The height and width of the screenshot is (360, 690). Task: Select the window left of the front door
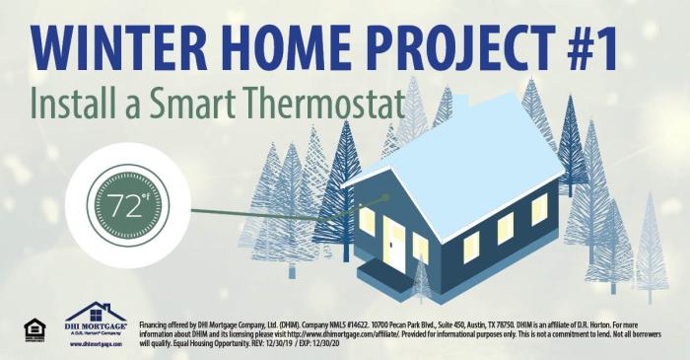pyautogui.click(x=367, y=221)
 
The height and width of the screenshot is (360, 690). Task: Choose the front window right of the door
pyautogui.click(x=421, y=247)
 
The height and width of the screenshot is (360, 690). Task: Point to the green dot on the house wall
pyautogui.click(x=386, y=196)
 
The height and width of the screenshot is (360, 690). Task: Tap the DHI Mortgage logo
pyautogui.click(x=95, y=318)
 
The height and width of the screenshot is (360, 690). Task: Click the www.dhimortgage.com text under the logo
pyautogui.click(x=95, y=344)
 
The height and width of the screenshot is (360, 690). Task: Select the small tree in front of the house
pyautogui.click(x=422, y=281)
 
